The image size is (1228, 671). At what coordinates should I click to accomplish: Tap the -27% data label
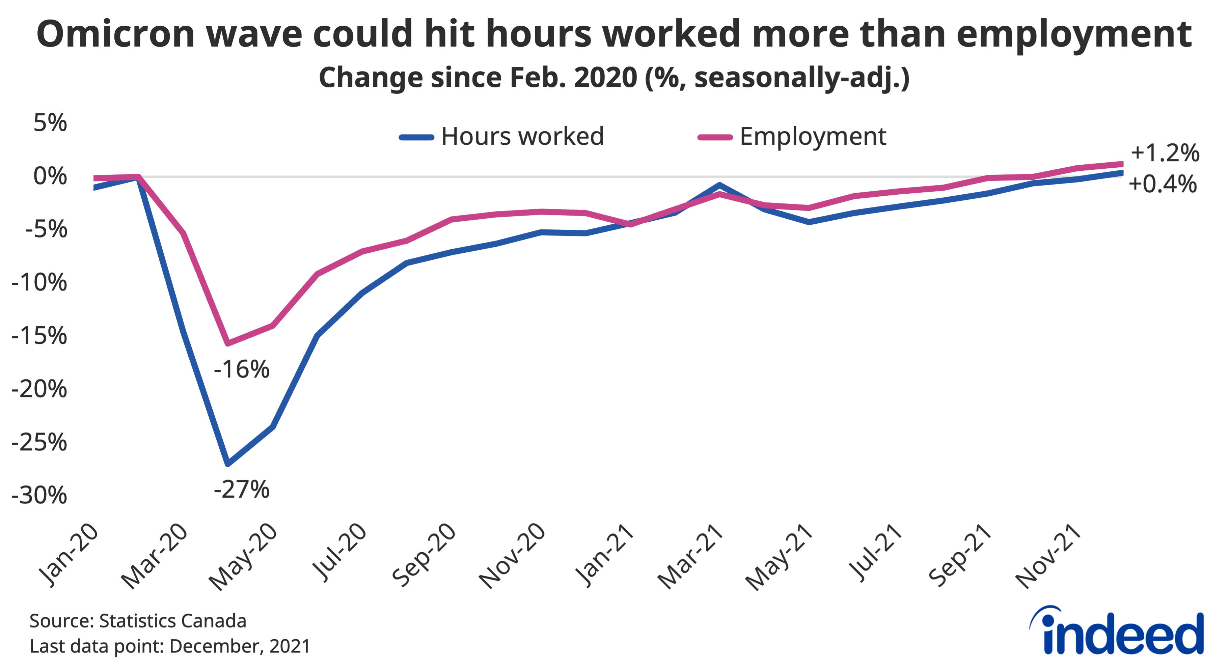[242, 490]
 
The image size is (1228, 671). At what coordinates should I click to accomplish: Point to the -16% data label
[242, 369]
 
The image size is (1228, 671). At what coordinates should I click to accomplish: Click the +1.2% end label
[1165, 153]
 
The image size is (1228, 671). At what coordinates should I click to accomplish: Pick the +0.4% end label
[1162, 184]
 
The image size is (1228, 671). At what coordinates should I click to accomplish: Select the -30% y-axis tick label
[39, 496]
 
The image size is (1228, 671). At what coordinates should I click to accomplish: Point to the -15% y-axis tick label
[39, 336]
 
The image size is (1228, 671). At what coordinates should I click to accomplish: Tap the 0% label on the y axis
[50, 176]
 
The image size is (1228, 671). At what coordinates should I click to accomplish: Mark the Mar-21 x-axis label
[690, 557]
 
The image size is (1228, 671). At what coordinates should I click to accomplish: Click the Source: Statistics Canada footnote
[138, 621]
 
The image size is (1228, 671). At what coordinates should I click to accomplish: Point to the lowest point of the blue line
[228, 463]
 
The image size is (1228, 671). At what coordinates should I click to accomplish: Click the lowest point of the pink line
[228, 343]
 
